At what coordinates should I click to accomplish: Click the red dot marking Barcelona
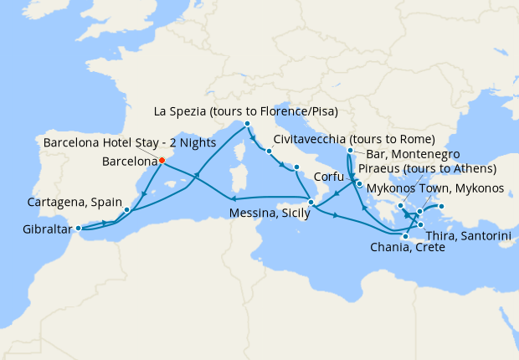pyautogui.click(x=162, y=161)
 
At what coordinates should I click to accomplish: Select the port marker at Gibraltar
pyautogui.click(x=79, y=228)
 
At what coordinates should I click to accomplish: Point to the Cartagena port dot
pyautogui.click(x=126, y=209)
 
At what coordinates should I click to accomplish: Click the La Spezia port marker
pyautogui.click(x=248, y=125)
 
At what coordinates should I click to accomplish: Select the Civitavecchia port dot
pyautogui.click(x=269, y=152)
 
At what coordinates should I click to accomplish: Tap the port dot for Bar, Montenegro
pyautogui.click(x=349, y=152)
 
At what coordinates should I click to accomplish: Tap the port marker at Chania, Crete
pyautogui.click(x=404, y=237)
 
